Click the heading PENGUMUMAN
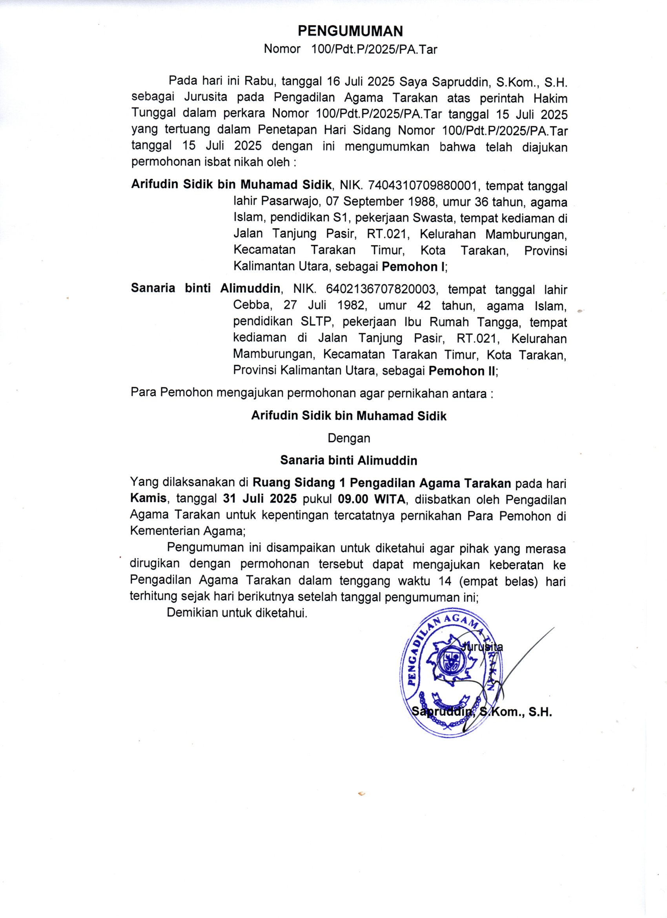[x=350, y=31]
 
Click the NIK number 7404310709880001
[x=421, y=186]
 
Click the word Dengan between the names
[x=349, y=438]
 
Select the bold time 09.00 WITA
[x=372, y=499]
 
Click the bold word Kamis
[x=149, y=499]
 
